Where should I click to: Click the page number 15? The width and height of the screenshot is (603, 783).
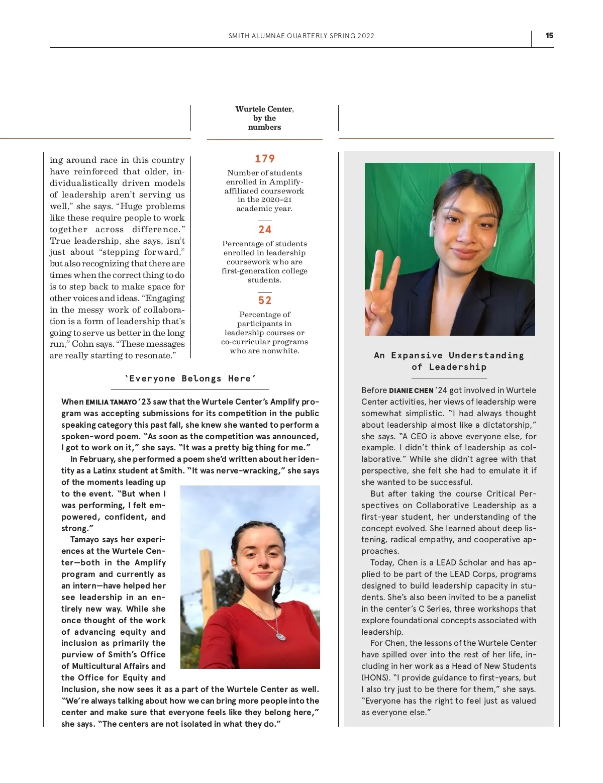click(549, 36)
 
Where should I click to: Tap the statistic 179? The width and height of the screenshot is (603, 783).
click(265, 159)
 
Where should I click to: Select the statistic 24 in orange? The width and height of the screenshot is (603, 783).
click(265, 230)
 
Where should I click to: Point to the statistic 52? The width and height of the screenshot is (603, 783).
click(265, 301)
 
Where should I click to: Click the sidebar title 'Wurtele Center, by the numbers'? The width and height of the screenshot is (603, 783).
click(264, 118)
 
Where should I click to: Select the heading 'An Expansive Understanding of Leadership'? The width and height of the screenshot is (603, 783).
click(449, 361)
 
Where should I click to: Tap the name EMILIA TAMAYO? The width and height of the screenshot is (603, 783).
click(111, 402)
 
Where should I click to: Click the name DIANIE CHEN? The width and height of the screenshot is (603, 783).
click(411, 390)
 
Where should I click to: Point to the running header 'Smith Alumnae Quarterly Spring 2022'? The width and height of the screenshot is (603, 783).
click(301, 36)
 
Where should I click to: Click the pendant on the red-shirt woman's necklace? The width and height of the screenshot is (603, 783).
click(281, 636)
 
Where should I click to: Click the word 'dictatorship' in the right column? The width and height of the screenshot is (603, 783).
click(506, 425)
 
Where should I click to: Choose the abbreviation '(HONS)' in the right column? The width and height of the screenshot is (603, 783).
click(375, 678)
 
